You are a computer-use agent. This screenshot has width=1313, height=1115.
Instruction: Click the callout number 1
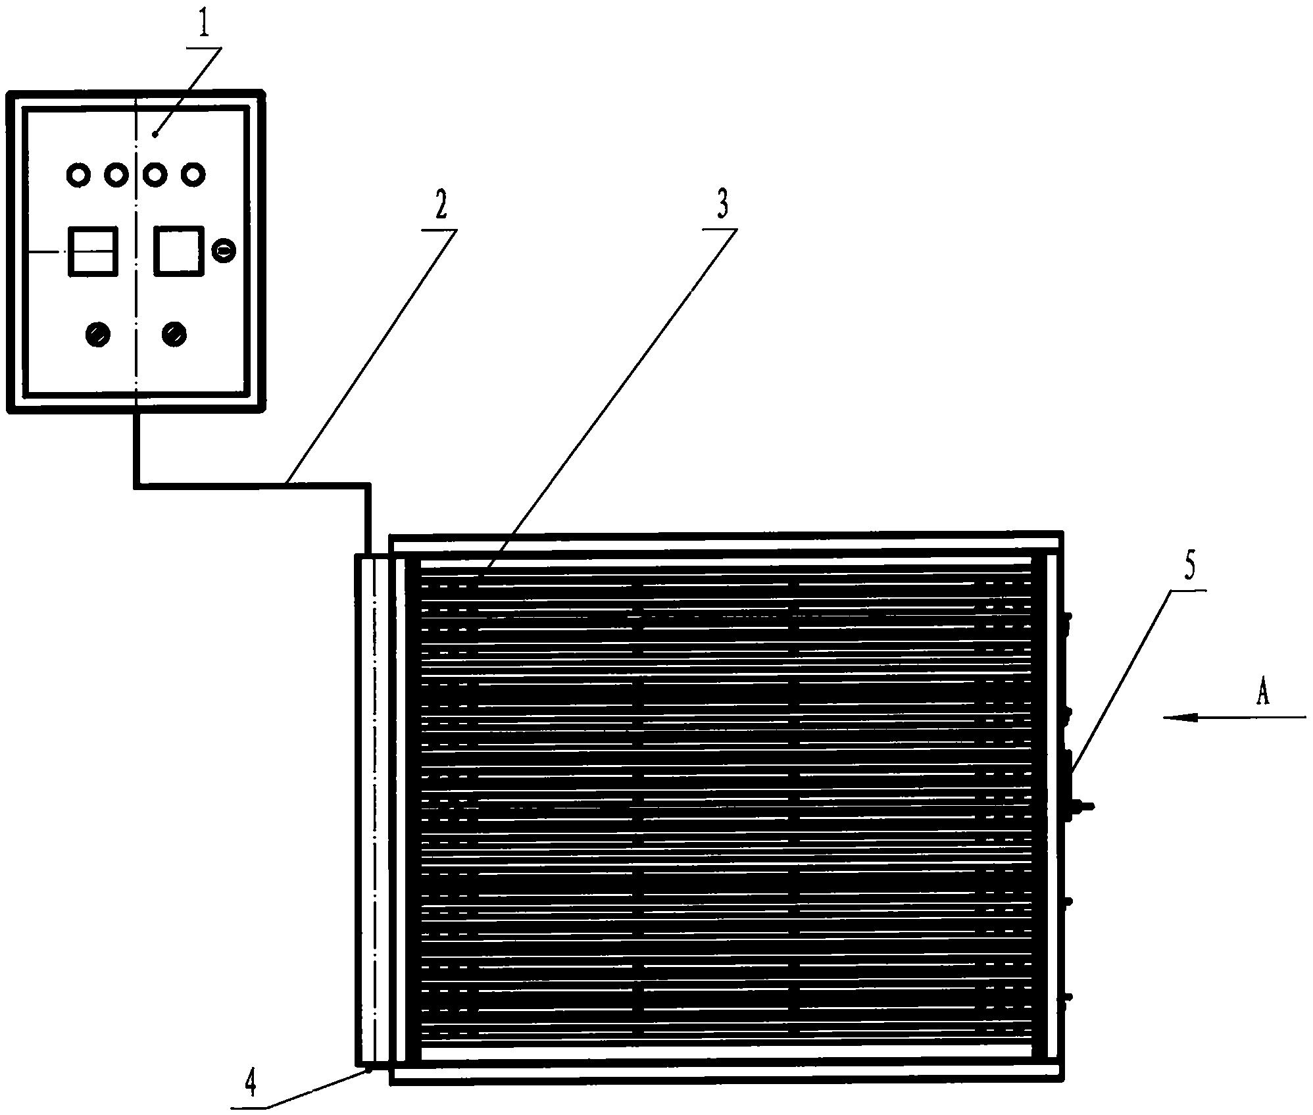[x=205, y=23]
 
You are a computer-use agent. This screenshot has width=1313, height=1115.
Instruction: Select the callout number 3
[x=722, y=205]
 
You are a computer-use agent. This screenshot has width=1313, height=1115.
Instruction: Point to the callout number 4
[x=250, y=1084]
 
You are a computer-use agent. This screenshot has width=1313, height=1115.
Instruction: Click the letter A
[x=1262, y=693]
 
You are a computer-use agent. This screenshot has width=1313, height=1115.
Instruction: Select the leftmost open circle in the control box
[x=78, y=175]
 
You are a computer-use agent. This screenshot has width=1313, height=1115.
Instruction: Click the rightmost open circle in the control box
[x=193, y=175]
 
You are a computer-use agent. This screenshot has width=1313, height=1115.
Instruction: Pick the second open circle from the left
[x=116, y=175]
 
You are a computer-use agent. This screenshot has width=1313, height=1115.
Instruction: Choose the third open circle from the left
[x=155, y=175]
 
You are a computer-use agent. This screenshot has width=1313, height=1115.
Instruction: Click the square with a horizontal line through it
[x=93, y=251]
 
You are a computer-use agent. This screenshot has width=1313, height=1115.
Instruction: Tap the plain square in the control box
[x=178, y=251]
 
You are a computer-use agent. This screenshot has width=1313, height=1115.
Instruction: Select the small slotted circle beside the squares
[x=224, y=251]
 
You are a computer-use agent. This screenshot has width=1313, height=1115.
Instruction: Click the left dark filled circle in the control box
[x=98, y=334]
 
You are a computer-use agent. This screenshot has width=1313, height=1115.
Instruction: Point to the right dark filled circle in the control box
[x=174, y=334]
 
